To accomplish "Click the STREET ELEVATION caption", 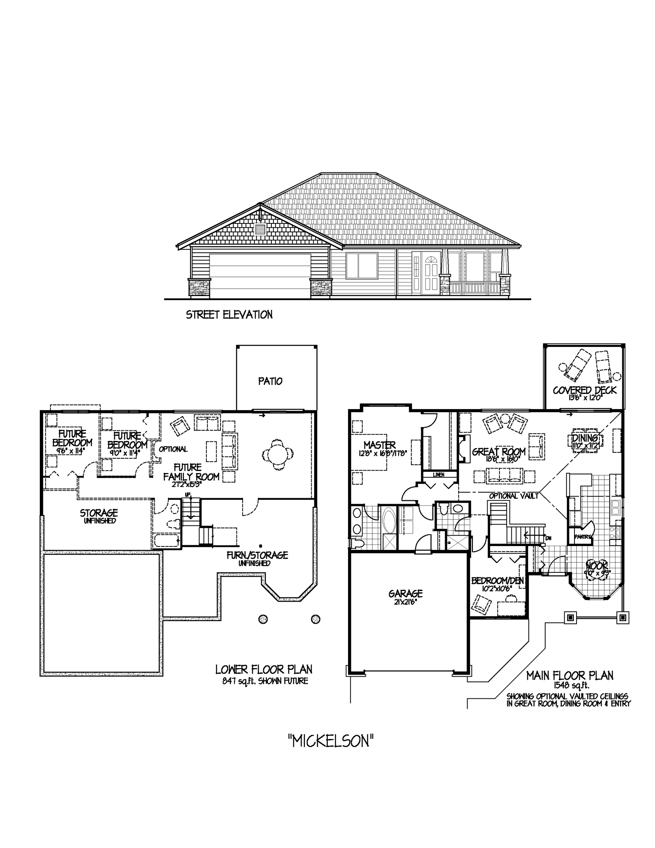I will click(x=229, y=315).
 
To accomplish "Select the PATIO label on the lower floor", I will click(x=270, y=381).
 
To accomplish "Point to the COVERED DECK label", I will click(x=585, y=390).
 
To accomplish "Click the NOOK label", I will click(x=597, y=565).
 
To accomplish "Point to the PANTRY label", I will click(x=583, y=537).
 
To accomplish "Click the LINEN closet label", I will click(x=439, y=474).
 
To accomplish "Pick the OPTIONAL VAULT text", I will click(x=514, y=496).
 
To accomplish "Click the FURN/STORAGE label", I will click(x=257, y=555).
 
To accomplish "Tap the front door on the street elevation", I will click(x=426, y=273).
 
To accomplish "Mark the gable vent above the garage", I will click(x=260, y=229).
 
